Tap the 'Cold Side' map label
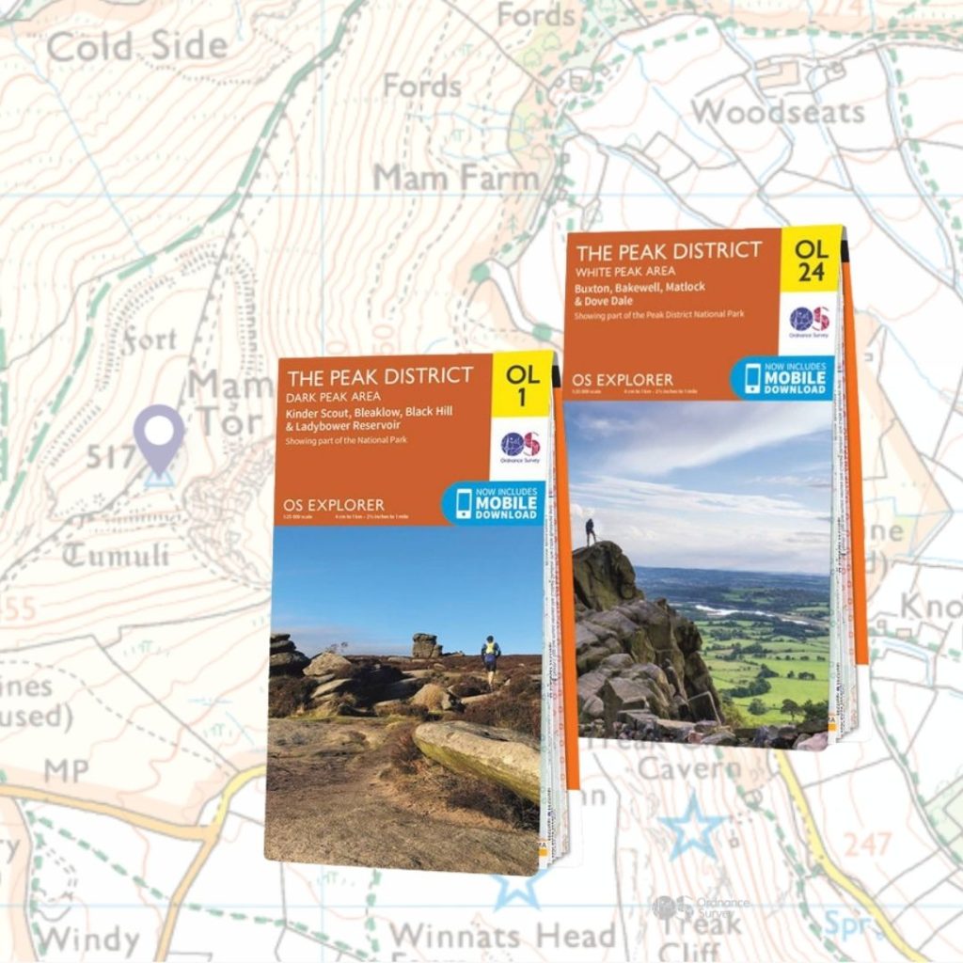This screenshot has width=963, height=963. [137, 46]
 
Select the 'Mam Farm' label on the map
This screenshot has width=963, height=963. [456, 177]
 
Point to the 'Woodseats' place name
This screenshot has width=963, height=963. [778, 113]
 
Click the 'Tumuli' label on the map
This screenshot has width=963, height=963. [116, 555]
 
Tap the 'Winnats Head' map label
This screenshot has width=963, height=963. [502, 936]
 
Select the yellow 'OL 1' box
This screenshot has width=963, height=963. [523, 386]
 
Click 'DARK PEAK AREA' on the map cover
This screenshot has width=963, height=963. [334, 396]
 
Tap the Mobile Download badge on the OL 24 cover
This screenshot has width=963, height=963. [782, 377]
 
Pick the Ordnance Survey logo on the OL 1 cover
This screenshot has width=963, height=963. [520, 446]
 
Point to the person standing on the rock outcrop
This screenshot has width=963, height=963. [590, 531]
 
